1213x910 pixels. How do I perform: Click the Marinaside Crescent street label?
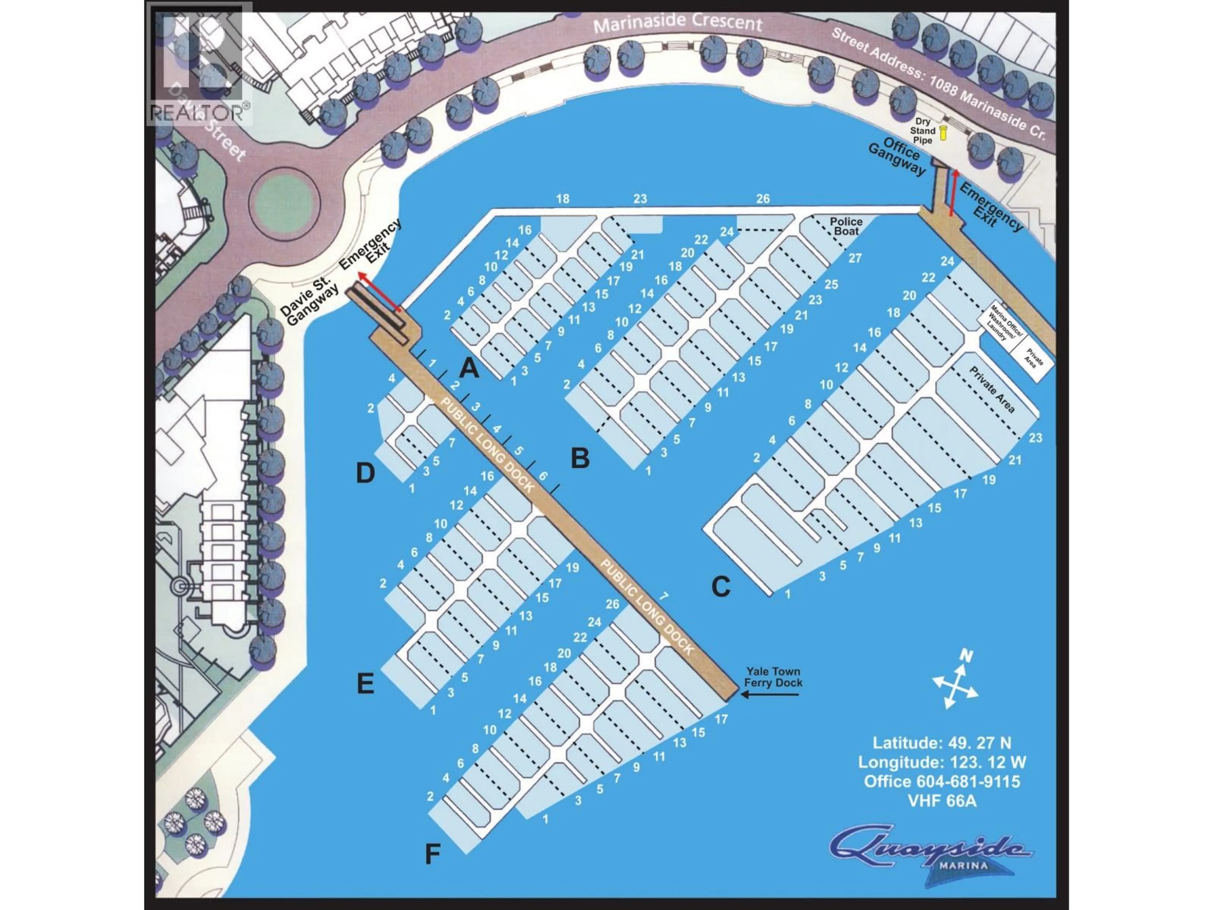(678, 23)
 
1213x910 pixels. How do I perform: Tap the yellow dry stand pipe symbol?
(943, 132)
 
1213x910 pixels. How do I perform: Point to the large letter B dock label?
(580, 458)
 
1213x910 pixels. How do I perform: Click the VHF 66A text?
(942, 801)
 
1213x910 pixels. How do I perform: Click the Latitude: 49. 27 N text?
(942, 743)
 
